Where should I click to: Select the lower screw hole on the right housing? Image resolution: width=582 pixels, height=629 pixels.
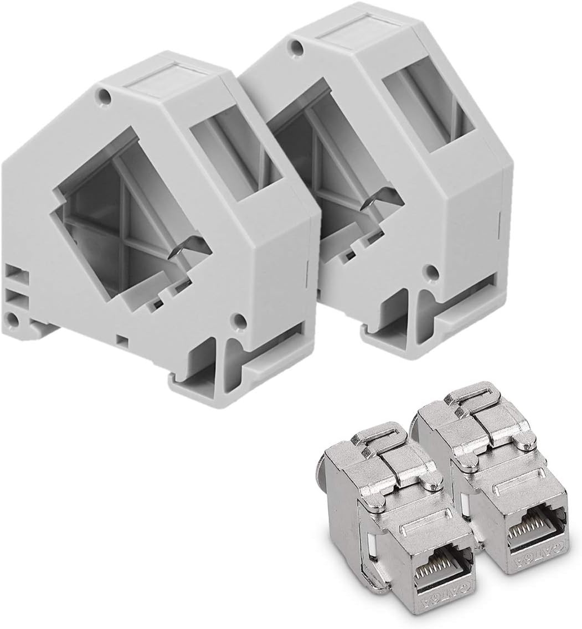click(x=431, y=271)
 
